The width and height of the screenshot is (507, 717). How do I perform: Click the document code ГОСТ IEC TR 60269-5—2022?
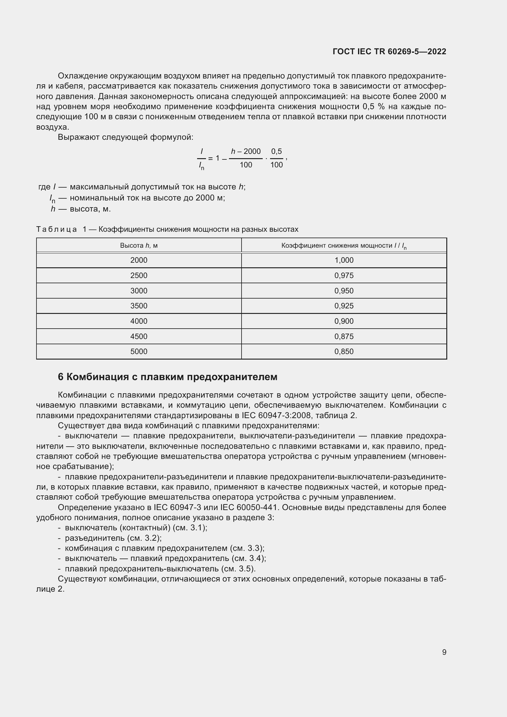(x=389, y=51)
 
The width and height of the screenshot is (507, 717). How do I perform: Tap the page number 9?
(x=444, y=652)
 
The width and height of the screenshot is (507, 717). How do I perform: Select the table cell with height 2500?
(x=139, y=276)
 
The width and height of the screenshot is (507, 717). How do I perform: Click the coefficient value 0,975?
(x=344, y=276)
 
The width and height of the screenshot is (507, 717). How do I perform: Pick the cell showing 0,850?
(x=344, y=352)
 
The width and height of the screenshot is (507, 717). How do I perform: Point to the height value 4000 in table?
(x=139, y=321)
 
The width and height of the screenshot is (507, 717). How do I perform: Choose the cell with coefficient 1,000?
(x=344, y=260)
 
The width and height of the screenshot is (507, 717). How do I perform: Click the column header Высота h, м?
(x=139, y=246)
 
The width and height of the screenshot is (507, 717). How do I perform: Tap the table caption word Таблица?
(x=56, y=230)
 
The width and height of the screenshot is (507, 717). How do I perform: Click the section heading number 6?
(x=61, y=377)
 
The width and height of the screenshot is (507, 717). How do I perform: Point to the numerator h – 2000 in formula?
(x=246, y=151)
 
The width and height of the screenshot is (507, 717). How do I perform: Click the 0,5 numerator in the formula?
(x=276, y=151)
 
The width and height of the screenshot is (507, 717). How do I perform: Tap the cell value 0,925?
(x=344, y=306)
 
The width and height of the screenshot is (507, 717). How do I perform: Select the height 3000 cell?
(x=139, y=291)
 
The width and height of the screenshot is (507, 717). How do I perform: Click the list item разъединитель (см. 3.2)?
(x=113, y=538)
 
